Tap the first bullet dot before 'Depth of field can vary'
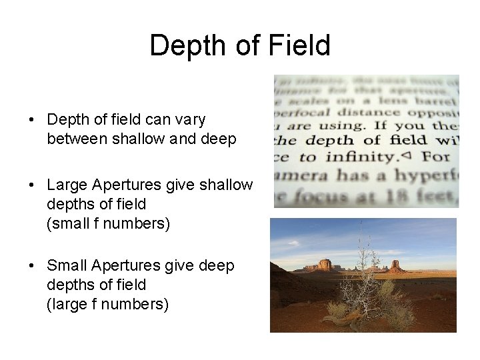tap(32, 121)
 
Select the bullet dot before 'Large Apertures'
tap(32, 185)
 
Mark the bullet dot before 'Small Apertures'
tap(32, 266)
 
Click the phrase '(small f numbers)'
tap(109, 223)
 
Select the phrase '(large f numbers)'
tap(107, 304)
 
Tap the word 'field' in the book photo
tap(408, 140)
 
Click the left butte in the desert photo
tap(325, 265)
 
